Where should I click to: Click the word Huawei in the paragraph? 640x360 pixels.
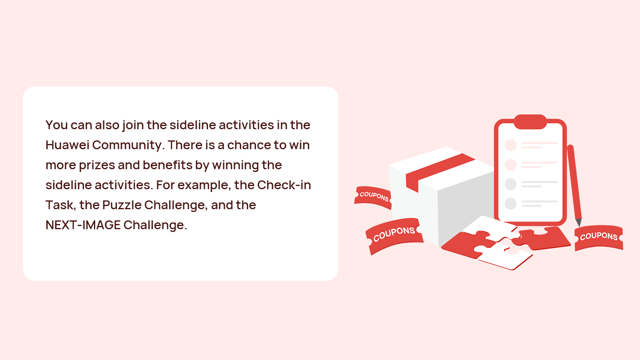click(x=68, y=145)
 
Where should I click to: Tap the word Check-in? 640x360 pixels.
click(x=284, y=185)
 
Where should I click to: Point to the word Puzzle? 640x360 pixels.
click(x=122, y=205)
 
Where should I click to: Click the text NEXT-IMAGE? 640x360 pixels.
click(x=83, y=225)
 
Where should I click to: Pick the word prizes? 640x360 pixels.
click(x=97, y=166)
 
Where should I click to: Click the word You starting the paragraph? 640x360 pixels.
click(x=56, y=125)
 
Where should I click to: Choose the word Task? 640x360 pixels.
click(x=60, y=205)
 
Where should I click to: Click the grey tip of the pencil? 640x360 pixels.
click(x=578, y=222)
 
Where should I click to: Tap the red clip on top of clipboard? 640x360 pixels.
click(x=530, y=122)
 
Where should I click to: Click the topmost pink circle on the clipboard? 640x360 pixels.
click(x=510, y=145)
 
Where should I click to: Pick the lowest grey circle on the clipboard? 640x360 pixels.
click(x=510, y=204)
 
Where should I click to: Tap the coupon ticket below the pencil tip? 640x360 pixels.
click(x=599, y=237)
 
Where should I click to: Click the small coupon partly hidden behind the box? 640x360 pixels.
click(x=373, y=197)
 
